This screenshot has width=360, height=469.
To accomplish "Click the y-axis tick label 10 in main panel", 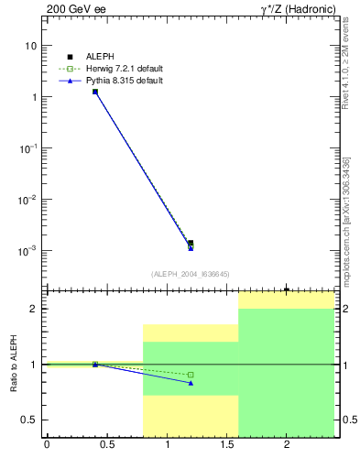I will (31, 46).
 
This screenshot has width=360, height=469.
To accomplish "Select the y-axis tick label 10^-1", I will (28, 147).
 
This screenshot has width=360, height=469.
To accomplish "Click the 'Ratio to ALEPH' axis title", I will (13, 364).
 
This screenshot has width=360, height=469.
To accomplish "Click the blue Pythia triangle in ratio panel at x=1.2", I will (191, 383).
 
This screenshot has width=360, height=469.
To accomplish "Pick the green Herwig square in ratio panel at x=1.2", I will (191, 375).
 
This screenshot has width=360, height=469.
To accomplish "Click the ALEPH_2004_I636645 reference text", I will (191, 273).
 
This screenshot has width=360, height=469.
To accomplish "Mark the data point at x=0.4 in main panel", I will (95, 92).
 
